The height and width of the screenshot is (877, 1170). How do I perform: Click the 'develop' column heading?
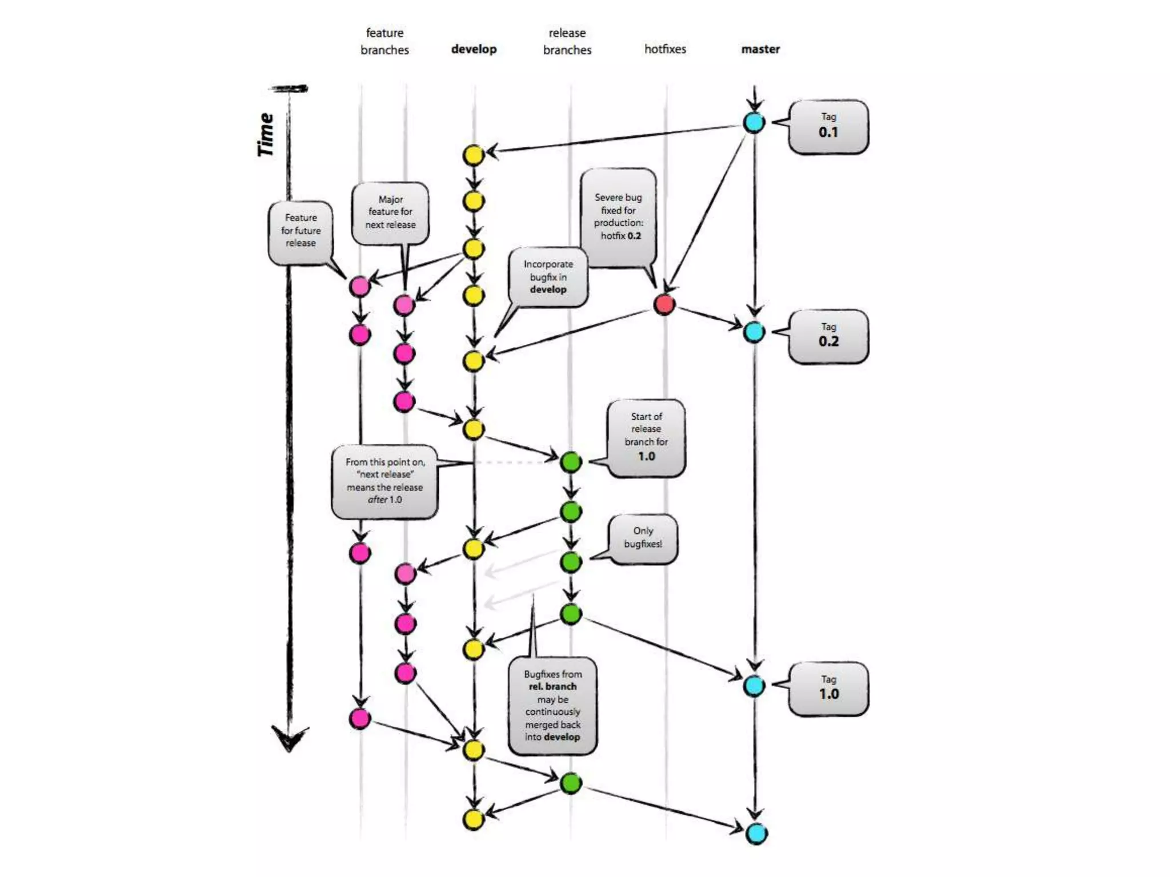coord(474,49)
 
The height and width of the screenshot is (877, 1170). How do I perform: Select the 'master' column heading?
coord(760,49)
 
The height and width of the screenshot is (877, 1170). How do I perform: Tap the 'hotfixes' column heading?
coord(665,49)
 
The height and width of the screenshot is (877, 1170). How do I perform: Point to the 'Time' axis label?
coord(266,135)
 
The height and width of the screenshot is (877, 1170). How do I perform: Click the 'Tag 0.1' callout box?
coord(828,126)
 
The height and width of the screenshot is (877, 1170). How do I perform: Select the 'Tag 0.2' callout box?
coord(828,336)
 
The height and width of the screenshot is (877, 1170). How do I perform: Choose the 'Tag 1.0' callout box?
coord(828,688)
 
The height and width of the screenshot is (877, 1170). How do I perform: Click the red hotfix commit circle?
coord(664,304)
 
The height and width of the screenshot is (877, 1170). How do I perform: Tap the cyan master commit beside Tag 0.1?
coord(754,122)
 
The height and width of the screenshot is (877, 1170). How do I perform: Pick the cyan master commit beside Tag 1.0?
coord(754,686)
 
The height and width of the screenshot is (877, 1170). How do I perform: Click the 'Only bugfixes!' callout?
coord(643,538)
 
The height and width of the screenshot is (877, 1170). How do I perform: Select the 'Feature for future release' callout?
coord(300,231)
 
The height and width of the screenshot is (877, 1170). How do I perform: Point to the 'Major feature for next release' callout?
coord(390,212)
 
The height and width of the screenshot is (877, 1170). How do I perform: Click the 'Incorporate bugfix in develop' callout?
coord(548,277)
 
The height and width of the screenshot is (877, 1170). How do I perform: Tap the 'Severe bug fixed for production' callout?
coord(618,217)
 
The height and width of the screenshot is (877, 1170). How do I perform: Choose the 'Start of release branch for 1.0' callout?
coord(646,437)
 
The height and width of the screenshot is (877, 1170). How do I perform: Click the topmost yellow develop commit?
coord(473,155)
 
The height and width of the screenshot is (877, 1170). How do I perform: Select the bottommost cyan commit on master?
coord(756,834)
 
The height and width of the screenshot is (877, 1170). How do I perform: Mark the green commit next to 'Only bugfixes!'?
coord(571,562)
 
